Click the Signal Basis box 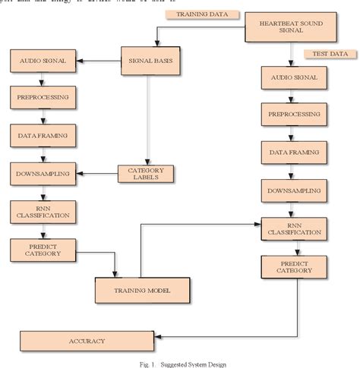tap(149, 60)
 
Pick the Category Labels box tap(146, 174)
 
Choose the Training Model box tap(142, 290)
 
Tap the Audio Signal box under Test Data tap(294, 78)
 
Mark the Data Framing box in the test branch tap(294, 152)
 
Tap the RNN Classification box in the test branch tap(294, 228)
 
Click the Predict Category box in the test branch tap(294, 266)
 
